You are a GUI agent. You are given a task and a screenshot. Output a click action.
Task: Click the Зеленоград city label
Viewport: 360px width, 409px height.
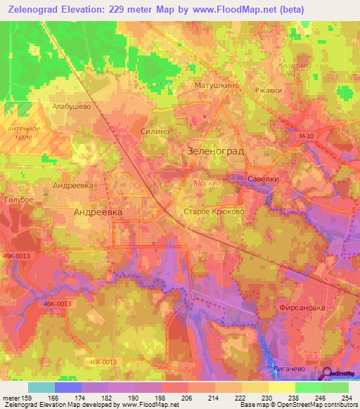click(x=215, y=150)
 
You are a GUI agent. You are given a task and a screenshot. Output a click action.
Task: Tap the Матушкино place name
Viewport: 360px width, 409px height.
click(x=217, y=85)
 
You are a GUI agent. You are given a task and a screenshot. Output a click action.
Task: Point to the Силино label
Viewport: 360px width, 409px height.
click(x=155, y=131)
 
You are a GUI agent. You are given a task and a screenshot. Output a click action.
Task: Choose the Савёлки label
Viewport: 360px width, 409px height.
click(x=264, y=179)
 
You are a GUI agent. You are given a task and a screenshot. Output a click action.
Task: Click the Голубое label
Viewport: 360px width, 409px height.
click(x=19, y=200)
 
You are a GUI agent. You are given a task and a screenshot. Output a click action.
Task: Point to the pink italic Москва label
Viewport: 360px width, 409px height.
click(x=207, y=183)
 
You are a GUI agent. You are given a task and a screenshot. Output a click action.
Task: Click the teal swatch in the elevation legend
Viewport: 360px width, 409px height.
click(x=41, y=387)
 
